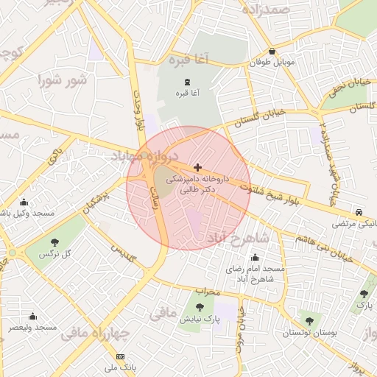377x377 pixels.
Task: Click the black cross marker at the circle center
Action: pyautogui.click(x=197, y=168)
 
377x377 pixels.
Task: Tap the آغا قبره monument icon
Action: pyautogui.click(x=184, y=81)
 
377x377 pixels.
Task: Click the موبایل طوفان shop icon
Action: pyautogui.click(x=273, y=52)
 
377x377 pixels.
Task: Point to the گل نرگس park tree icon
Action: pyautogui.click(x=54, y=242)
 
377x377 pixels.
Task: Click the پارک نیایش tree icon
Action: pyautogui.click(x=200, y=306)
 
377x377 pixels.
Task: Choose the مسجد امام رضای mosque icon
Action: pyautogui.click(x=255, y=258)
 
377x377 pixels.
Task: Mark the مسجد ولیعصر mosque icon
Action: pyautogui.click(x=32, y=316)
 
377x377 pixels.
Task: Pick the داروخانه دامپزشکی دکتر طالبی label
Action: pyautogui.click(x=197, y=183)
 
